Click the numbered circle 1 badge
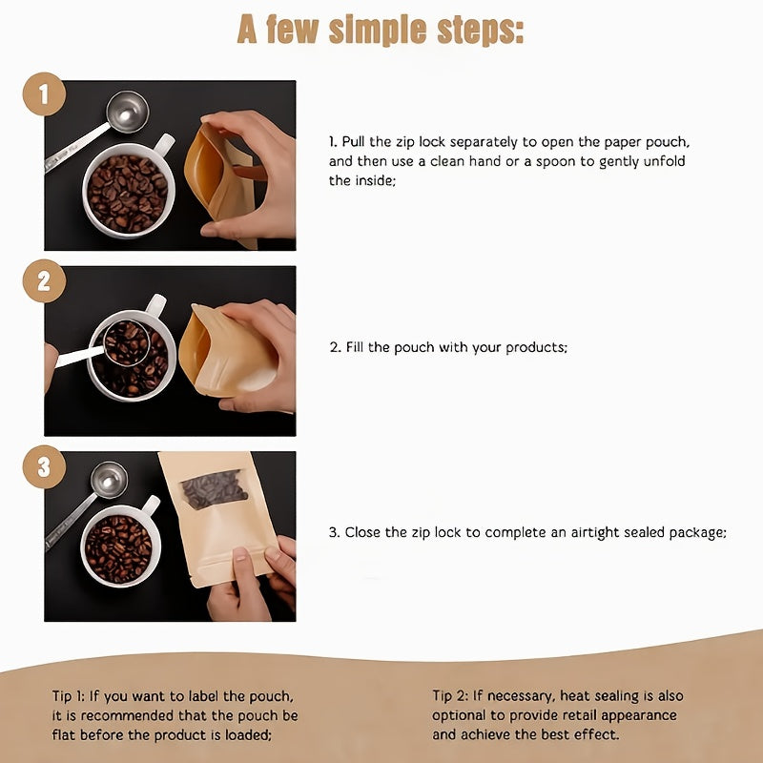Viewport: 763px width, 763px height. (x=44, y=93)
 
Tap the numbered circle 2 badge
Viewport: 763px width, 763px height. (x=44, y=280)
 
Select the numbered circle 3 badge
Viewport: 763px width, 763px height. (x=44, y=466)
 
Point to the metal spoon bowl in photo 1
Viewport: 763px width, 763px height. (x=128, y=112)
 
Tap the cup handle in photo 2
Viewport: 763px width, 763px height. (x=155, y=304)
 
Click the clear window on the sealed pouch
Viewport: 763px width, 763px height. (x=213, y=488)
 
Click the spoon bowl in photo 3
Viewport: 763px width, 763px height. (x=109, y=480)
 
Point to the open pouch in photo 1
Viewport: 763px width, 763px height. (x=220, y=182)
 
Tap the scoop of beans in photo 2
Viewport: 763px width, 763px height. (x=127, y=342)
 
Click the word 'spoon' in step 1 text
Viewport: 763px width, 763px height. (x=554, y=162)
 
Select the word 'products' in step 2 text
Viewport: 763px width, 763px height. (x=536, y=348)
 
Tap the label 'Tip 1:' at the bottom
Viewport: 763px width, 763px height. (x=69, y=696)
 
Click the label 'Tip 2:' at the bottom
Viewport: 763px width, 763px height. (x=450, y=696)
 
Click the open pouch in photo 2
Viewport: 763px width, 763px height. (x=228, y=349)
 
